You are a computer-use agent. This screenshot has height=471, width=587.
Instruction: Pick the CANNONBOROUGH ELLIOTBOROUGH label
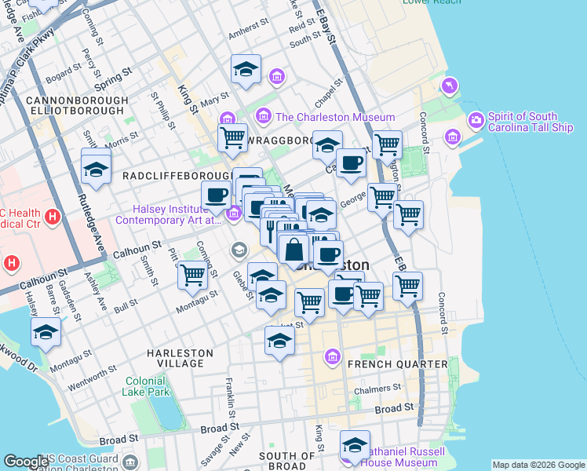point(76,106)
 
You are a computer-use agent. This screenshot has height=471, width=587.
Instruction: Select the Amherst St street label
point(248,35)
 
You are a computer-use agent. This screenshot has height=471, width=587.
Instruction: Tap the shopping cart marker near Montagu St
point(192,275)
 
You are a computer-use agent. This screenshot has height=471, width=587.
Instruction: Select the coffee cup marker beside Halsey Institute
point(216,195)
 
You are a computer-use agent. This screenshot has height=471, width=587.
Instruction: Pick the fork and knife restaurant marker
point(269,229)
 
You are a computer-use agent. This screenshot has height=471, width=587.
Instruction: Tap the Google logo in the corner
point(25,462)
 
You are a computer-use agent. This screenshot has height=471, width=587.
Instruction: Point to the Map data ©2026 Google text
point(538,465)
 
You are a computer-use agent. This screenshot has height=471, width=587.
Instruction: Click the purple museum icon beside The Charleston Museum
point(263,117)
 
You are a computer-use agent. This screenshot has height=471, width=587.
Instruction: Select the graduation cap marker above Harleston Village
point(279,341)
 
